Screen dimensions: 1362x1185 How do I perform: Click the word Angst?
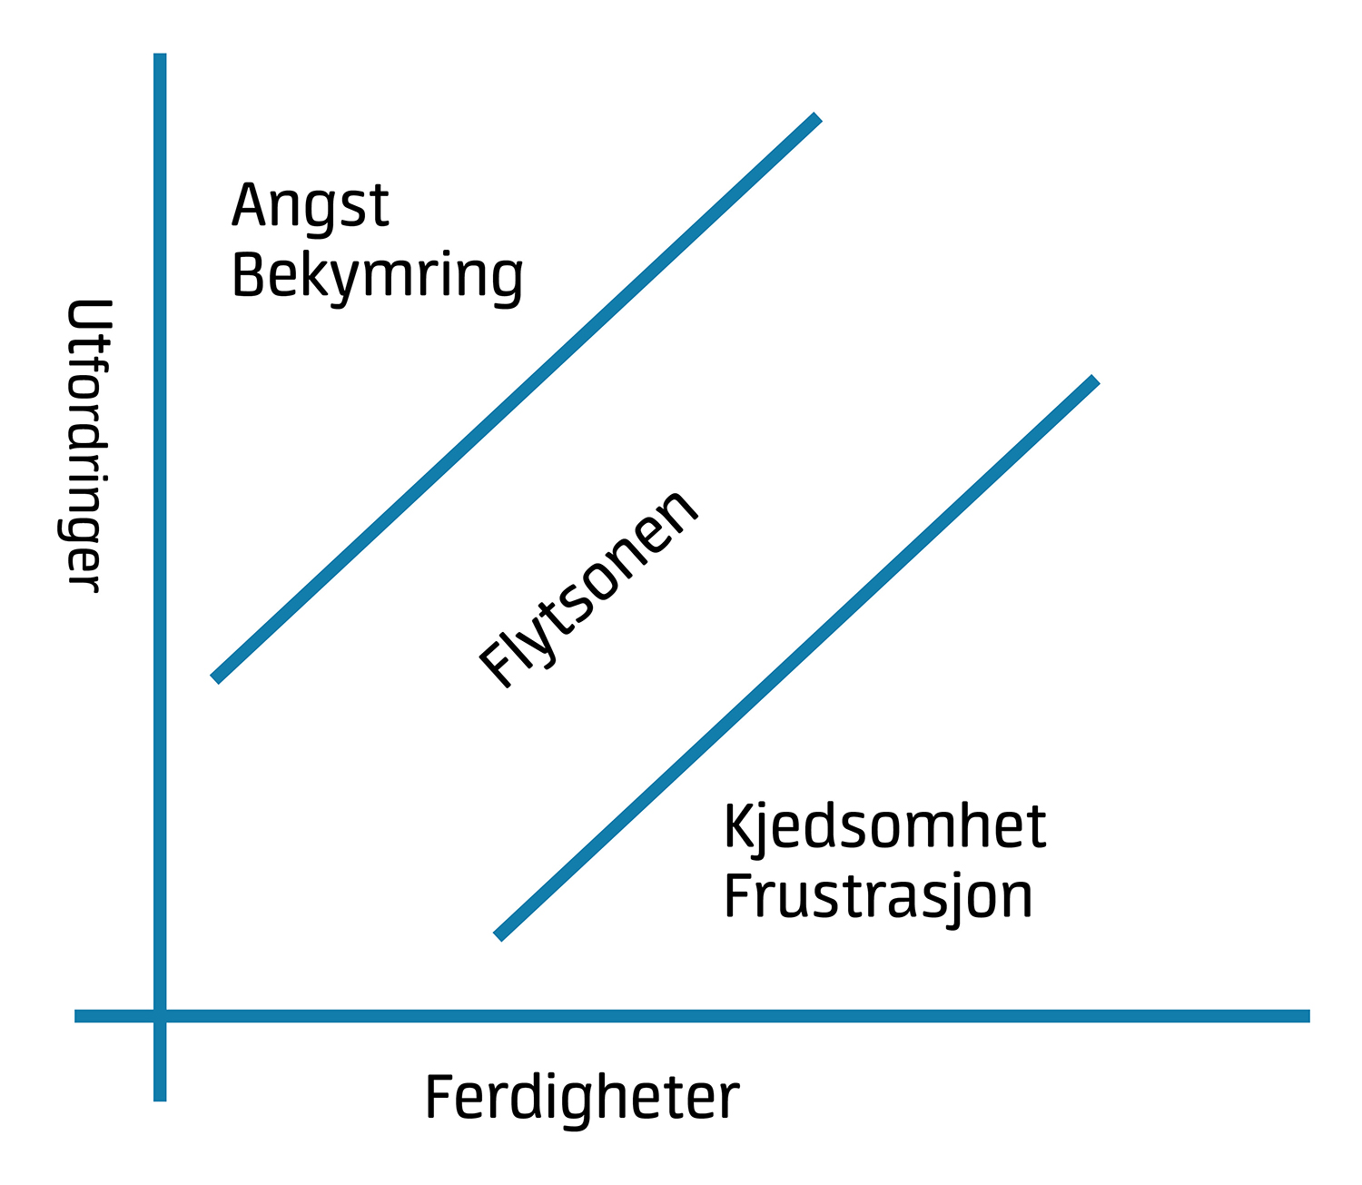(311, 208)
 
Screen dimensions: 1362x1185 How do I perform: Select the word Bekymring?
(378, 279)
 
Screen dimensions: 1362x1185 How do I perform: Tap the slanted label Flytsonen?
(587, 589)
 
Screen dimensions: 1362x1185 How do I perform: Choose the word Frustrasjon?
(878, 900)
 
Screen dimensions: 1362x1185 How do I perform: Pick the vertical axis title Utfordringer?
(86, 445)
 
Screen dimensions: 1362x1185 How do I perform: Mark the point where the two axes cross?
(160, 1016)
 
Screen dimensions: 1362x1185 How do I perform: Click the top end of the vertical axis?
(160, 54)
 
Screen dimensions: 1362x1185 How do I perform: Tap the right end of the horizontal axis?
(1308, 1016)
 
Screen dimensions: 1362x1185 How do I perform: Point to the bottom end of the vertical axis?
(160, 1101)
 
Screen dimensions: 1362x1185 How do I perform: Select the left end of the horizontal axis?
(76, 1016)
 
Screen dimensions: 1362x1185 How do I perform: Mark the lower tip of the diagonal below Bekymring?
(215, 678)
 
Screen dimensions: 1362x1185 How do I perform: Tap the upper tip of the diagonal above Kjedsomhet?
(1094, 380)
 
